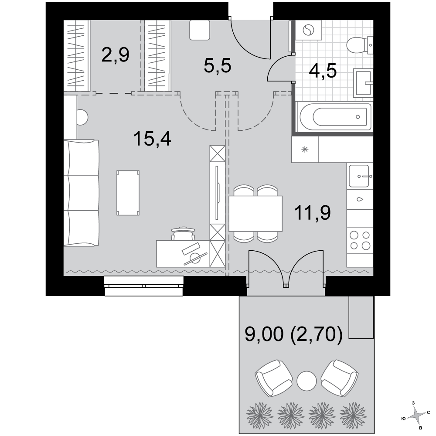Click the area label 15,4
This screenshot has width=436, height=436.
(x=152, y=139)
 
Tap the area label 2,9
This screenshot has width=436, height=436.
(x=116, y=55)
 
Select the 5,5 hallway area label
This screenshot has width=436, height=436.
(x=218, y=66)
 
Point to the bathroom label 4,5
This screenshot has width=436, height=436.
(x=323, y=71)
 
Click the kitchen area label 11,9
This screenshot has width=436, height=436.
(x=313, y=213)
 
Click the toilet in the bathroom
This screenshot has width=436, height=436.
(x=359, y=45)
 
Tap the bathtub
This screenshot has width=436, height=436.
(x=334, y=117)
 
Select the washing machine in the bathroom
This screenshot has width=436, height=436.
(x=309, y=30)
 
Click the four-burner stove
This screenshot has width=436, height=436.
(x=360, y=241)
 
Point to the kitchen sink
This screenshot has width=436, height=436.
(x=359, y=176)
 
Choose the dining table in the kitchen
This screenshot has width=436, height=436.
(x=255, y=214)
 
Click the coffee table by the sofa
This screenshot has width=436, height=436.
(x=128, y=193)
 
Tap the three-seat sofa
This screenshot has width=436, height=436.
(x=81, y=193)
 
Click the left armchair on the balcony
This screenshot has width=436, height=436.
(x=274, y=378)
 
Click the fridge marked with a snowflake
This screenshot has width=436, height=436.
(x=305, y=149)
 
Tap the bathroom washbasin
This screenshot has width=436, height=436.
(x=363, y=83)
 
